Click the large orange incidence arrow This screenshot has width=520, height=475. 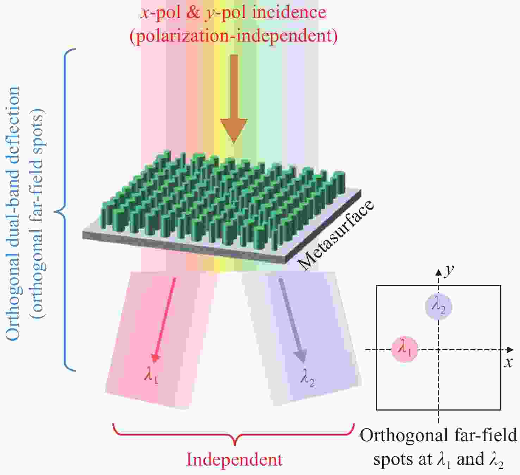pos(234,102)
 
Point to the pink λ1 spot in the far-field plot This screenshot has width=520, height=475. pos(405,349)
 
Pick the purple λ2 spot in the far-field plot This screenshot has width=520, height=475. pos(438,306)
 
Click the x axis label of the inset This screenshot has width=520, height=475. pos(508,362)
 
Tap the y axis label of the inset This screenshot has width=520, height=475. pos(448,270)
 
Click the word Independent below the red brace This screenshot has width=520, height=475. pos(234,459)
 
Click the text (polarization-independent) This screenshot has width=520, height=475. pos(234,36)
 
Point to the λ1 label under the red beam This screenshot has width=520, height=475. pos(151,376)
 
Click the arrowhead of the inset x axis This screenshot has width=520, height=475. pos(510,350)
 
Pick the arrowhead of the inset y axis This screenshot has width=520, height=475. pos(438,272)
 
